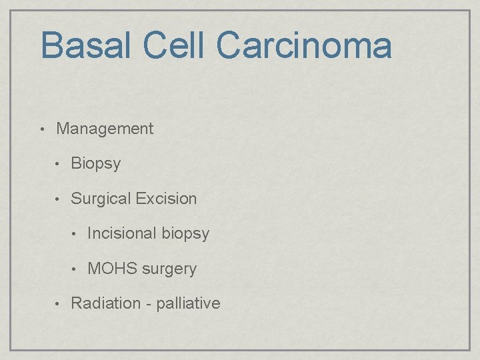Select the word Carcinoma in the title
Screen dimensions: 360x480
(303, 45)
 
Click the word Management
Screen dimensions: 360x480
(105, 129)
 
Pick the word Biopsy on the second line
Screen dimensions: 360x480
(95, 164)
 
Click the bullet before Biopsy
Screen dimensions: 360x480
(59, 164)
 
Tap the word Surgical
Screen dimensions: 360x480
(101, 199)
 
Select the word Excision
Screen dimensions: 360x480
(166, 199)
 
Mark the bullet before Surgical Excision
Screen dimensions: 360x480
(59, 199)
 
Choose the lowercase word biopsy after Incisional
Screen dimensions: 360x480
(185, 234)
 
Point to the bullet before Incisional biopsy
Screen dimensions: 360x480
(75, 234)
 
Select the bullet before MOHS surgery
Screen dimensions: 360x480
(75, 269)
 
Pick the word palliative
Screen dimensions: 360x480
(188, 303)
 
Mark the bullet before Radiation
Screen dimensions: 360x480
(59, 303)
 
